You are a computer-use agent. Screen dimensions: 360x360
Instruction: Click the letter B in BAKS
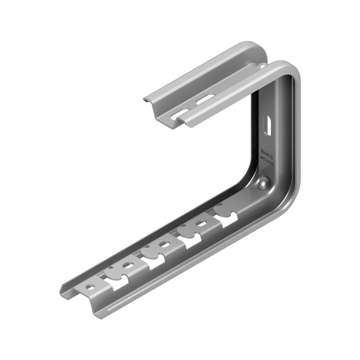[262, 151]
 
